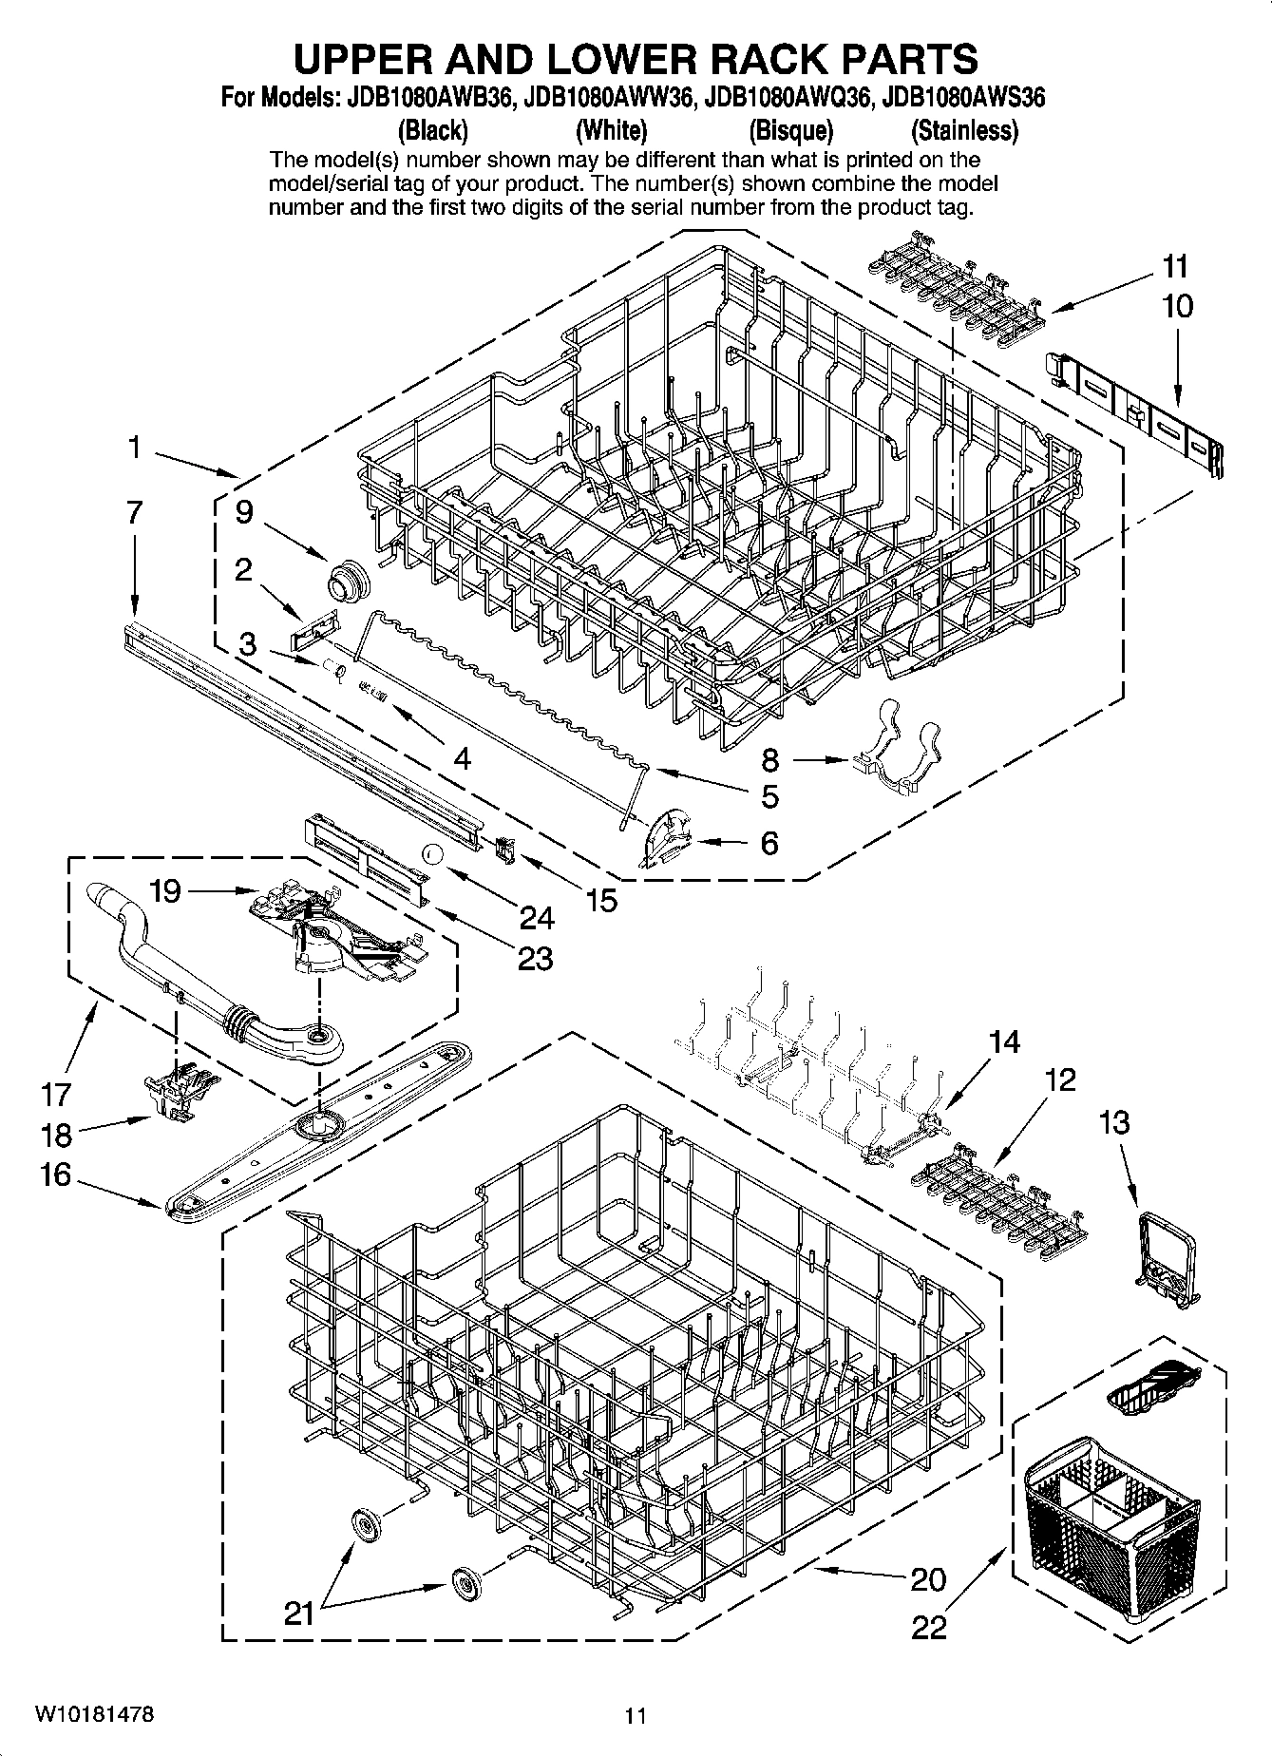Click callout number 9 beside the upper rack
[244, 512]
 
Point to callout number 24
[537, 917]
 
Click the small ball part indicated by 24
[433, 853]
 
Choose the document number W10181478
[94, 1715]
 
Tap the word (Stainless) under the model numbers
[963, 129]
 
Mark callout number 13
[1114, 1123]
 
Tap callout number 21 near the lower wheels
[299, 1614]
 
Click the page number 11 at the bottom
[636, 1716]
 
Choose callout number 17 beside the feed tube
[56, 1095]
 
